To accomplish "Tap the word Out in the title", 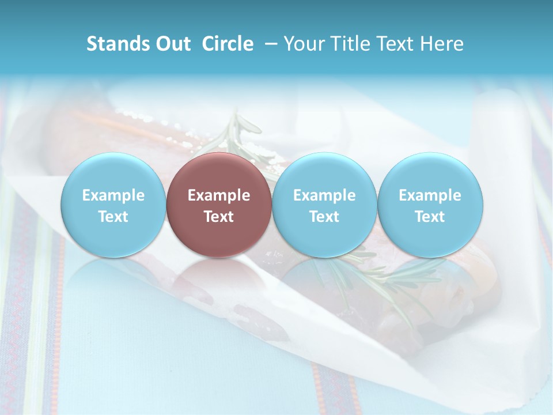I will pos(172,44).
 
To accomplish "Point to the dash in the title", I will pos(269,44).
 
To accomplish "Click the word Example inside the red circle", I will pos(219,195).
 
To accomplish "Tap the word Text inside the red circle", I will pos(219,217).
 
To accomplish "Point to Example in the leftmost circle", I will pos(113,195).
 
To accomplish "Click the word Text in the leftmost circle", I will pos(113,217).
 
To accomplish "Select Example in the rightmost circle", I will pos(430,195).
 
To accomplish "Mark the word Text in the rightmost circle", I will pos(430,217).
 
